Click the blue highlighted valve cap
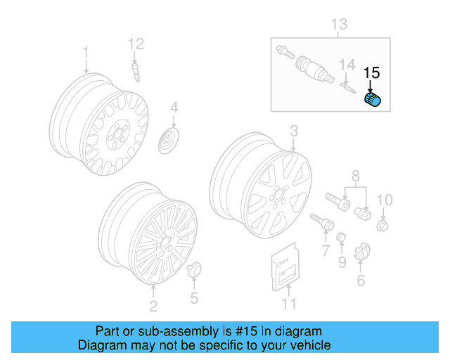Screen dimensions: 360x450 373,99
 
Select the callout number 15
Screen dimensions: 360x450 371,72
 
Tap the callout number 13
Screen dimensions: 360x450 339,25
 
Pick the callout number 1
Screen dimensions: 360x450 86,52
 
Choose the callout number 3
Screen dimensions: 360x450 294,130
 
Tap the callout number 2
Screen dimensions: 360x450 153,305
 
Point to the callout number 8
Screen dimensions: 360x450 355,175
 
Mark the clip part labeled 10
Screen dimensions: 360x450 383,226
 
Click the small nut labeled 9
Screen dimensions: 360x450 341,237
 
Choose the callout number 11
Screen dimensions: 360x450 289,304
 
